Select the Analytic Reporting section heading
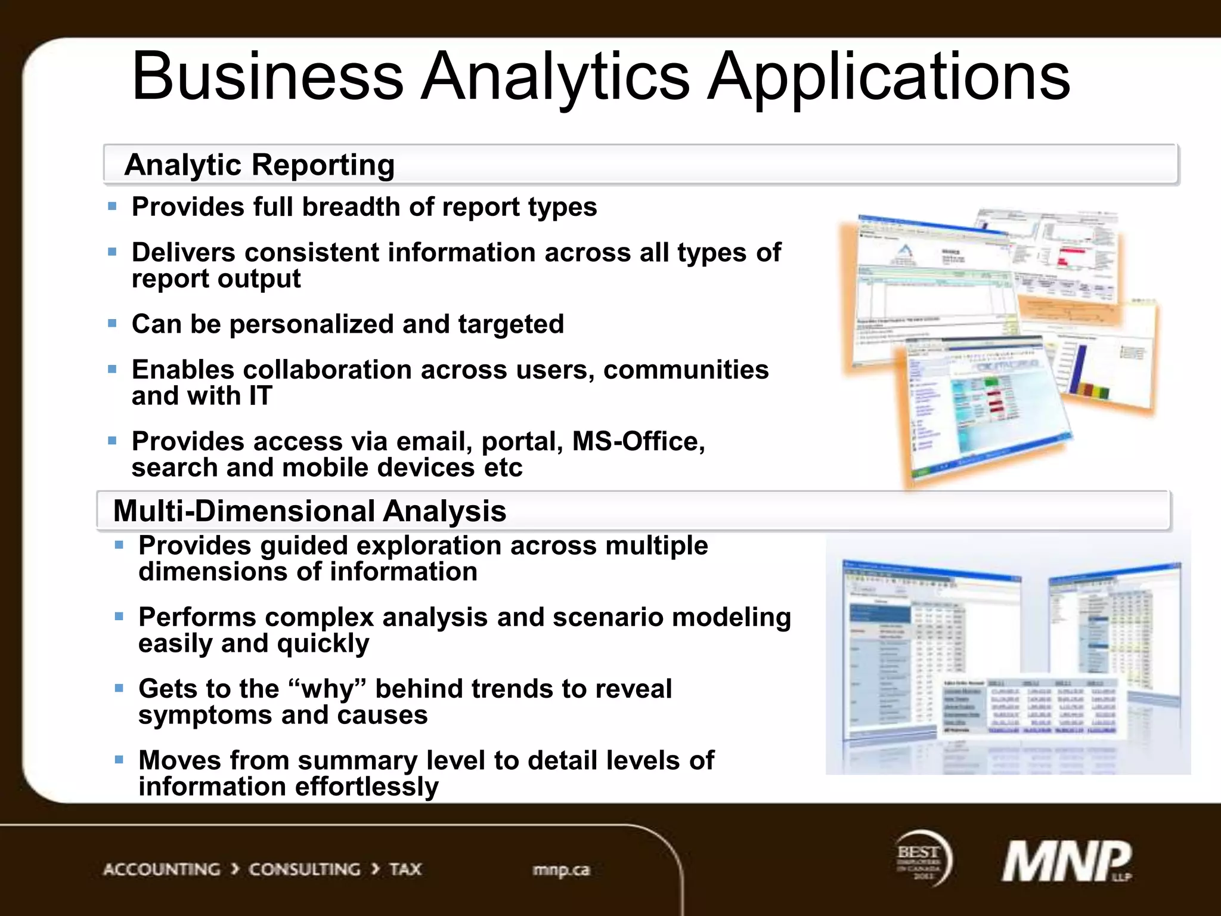point(259,165)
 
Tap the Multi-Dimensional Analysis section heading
point(309,511)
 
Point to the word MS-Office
point(638,442)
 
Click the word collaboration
point(326,370)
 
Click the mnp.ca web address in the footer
point(561,870)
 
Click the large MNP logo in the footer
point(1066,862)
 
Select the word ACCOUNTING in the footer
point(162,869)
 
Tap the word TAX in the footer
point(405,869)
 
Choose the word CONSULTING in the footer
point(304,869)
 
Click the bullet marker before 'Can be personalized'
point(112,324)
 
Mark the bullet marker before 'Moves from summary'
point(119,760)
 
